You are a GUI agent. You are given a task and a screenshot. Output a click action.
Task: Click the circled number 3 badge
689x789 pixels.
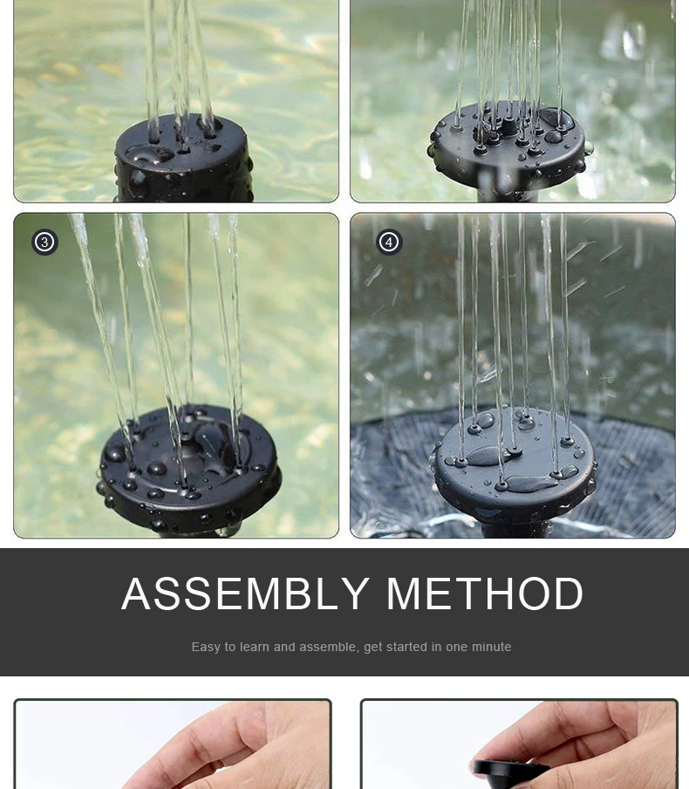click(x=44, y=242)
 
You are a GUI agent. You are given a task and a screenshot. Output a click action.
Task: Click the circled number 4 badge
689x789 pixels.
click(x=389, y=242)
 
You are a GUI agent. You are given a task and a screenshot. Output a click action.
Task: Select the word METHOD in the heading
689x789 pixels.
click(x=485, y=593)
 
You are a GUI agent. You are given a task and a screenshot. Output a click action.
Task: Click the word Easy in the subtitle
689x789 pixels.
click(x=206, y=647)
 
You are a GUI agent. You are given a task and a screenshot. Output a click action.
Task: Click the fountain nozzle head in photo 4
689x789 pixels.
click(x=515, y=465)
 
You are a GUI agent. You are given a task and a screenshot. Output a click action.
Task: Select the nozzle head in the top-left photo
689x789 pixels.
click(x=183, y=159)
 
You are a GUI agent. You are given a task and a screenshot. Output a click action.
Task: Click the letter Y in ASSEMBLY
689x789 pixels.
click(x=354, y=593)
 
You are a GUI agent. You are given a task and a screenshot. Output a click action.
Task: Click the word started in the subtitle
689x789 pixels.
click(x=408, y=647)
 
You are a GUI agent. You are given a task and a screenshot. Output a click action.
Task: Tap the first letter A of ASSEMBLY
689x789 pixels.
click(x=136, y=593)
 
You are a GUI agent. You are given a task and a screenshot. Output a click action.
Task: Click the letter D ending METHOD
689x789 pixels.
click(x=570, y=593)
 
